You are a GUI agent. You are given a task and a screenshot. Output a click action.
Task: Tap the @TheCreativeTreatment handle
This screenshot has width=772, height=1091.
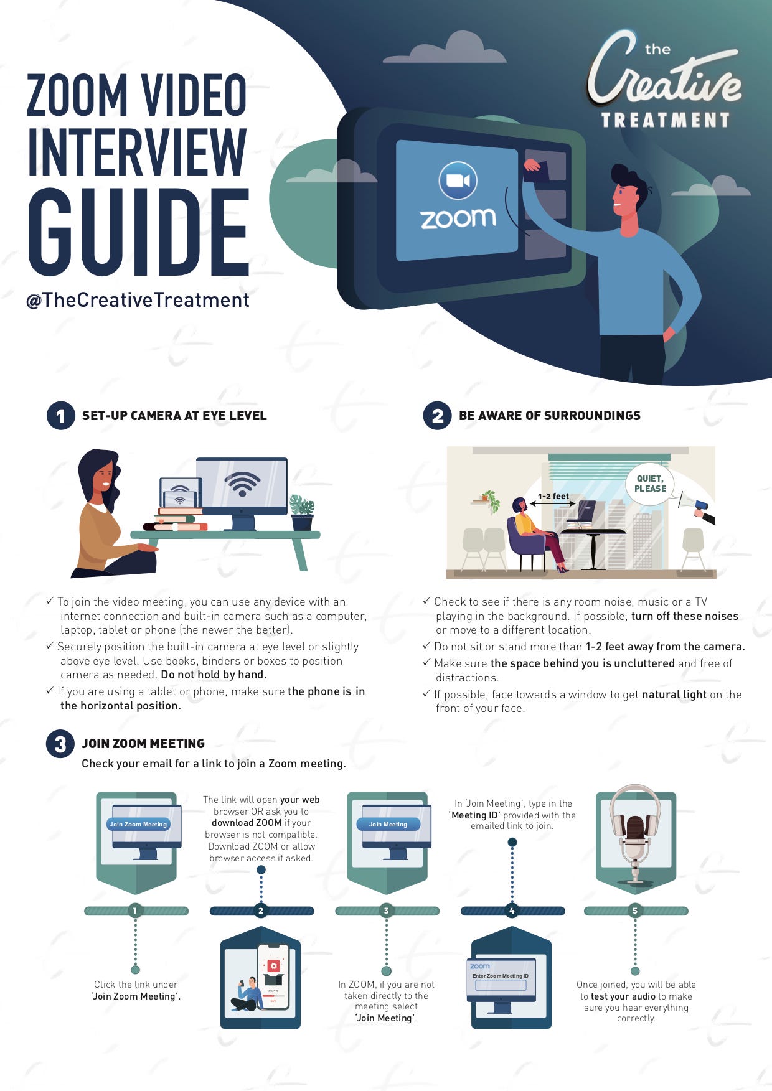[x=138, y=301]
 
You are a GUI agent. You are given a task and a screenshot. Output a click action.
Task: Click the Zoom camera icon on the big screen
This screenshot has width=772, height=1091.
[x=458, y=180]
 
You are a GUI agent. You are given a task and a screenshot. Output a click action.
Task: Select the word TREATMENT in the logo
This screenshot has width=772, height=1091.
[x=665, y=119]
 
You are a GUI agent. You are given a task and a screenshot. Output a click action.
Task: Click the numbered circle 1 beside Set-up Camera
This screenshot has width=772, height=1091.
[x=60, y=416]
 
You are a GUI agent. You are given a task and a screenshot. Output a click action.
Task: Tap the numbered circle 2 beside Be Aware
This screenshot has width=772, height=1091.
[x=437, y=416]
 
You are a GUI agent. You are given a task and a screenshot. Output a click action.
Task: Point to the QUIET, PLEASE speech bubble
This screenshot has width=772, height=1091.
[x=650, y=484]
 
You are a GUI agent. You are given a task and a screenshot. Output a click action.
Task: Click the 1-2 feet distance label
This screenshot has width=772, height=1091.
[x=553, y=496]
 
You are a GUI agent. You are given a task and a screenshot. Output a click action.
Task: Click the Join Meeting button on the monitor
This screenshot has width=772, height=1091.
[x=388, y=824]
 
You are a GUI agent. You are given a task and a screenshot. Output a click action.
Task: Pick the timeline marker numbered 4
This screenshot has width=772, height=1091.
[x=512, y=911]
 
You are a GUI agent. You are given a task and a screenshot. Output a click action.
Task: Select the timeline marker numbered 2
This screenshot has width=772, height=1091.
[x=261, y=911]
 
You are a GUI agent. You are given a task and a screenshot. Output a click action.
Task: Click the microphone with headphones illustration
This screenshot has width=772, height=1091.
[x=635, y=834]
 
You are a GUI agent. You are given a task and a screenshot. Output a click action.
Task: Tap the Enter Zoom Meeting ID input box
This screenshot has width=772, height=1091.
[x=501, y=985]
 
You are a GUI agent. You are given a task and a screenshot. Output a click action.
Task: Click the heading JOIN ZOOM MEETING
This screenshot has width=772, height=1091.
[x=143, y=744]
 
